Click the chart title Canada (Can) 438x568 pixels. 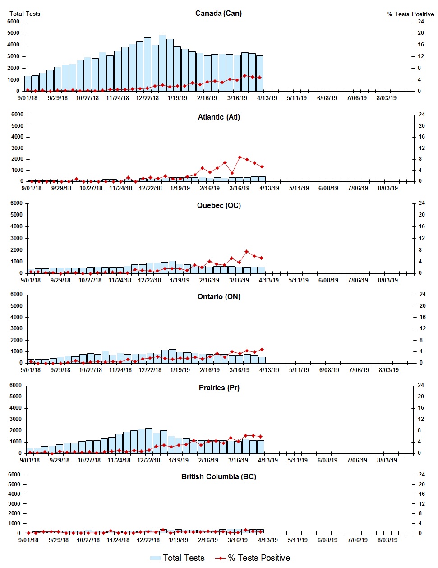point(218,13)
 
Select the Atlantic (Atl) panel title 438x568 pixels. point(219,117)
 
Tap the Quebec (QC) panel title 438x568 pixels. point(219,205)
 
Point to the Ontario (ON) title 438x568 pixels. point(219,296)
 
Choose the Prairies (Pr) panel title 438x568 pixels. point(219,388)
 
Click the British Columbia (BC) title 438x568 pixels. point(219,476)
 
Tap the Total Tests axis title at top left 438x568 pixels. point(25,14)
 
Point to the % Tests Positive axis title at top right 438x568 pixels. point(410,14)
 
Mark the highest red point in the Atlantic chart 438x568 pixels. point(240,157)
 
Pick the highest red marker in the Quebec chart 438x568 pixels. point(247,252)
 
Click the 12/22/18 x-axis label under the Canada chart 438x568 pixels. point(148,98)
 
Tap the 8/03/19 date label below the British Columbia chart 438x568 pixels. point(387,540)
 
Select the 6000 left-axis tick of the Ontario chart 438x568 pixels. point(16,294)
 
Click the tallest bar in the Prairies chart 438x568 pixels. point(149,440)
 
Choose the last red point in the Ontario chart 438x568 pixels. point(262,349)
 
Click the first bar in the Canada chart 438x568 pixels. point(28,83)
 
